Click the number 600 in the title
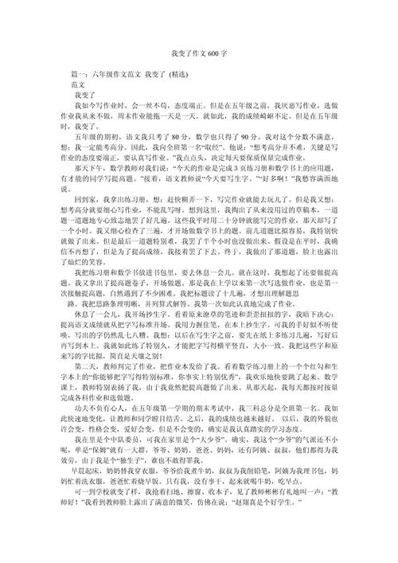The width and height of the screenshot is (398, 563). click(x=213, y=53)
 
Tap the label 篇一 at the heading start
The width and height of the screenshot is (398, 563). click(x=78, y=74)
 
